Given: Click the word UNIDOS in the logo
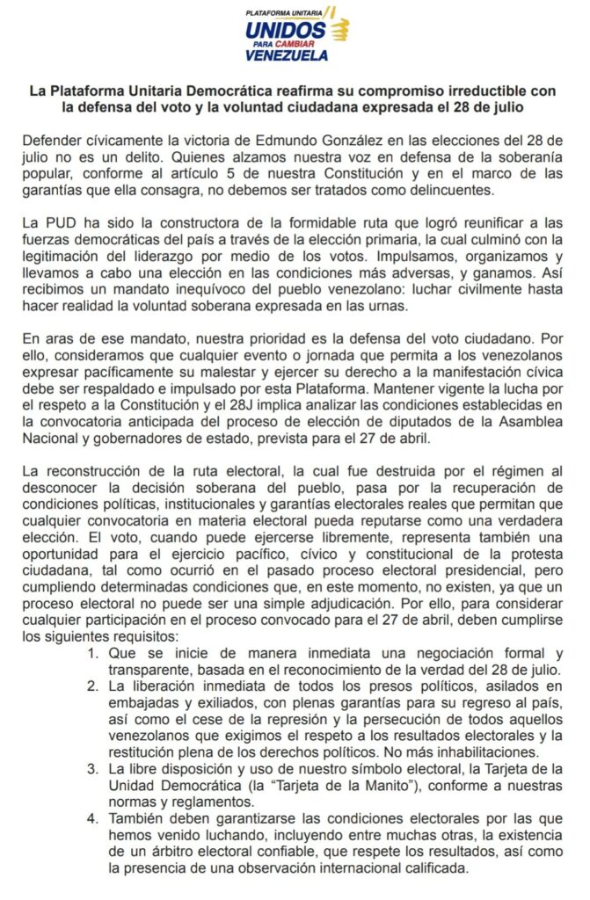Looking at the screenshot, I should point(285,31).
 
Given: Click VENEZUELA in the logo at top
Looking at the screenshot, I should point(287,55).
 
